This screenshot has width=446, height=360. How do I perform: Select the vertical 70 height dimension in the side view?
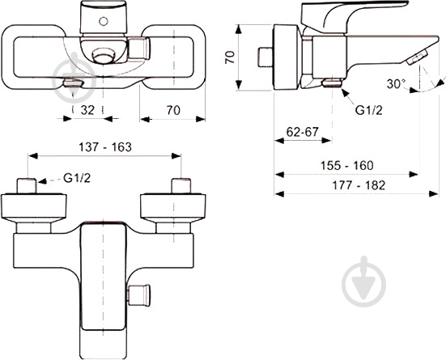click(x=230, y=58)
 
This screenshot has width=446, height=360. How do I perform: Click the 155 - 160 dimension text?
click(x=346, y=165)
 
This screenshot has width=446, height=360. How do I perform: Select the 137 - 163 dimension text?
click(x=104, y=147)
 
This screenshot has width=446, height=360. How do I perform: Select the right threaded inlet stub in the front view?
click(x=181, y=185)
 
